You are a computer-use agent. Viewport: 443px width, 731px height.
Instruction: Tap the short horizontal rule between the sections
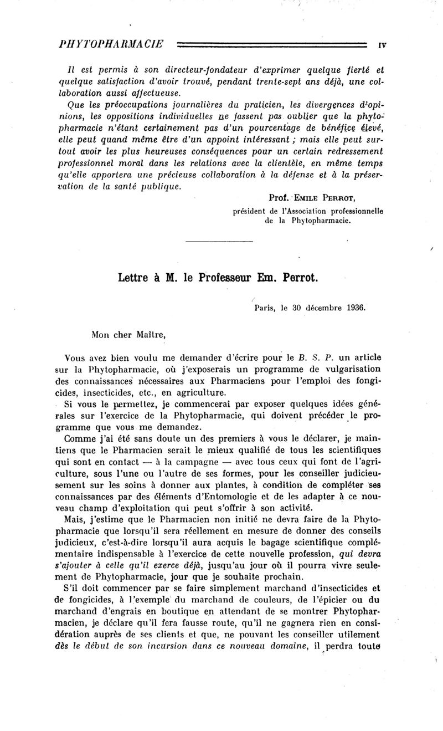219,241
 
